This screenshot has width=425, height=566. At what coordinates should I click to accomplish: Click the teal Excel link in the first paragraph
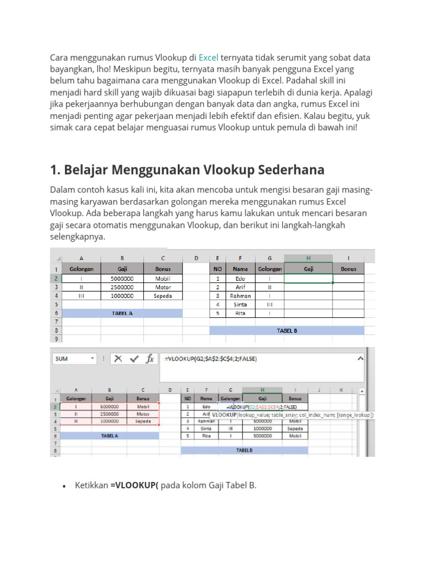209,57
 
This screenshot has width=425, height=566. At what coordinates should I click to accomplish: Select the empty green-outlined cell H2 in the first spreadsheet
308,279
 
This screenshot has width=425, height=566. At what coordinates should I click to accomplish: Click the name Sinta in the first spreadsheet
240,304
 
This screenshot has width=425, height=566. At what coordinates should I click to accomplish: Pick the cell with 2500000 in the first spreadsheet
122,287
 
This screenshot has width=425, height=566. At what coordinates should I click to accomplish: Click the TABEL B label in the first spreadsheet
287,331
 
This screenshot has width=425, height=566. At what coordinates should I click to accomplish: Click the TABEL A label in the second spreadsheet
109,435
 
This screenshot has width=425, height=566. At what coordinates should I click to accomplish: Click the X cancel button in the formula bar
118,359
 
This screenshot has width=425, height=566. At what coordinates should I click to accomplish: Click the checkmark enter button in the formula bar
133,359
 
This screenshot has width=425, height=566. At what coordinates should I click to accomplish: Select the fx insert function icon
149,359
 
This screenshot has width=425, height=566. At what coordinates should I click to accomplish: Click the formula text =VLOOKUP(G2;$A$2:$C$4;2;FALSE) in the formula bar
211,359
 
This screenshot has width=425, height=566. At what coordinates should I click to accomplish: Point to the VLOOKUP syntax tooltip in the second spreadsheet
293,415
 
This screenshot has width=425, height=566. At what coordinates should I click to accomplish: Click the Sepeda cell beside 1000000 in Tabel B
294,428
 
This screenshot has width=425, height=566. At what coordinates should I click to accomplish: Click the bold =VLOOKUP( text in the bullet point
134,485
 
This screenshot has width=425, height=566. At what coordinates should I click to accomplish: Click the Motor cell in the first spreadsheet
163,287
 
